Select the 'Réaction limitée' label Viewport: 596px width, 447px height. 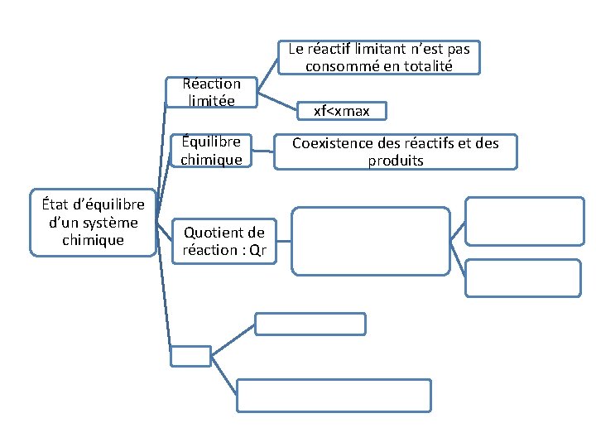pyautogui.click(x=212, y=92)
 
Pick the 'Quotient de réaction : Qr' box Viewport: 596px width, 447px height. pyautogui.click(x=224, y=241)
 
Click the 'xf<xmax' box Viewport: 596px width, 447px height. pyautogui.click(x=341, y=110)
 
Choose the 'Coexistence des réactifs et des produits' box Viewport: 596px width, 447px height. pyautogui.click(x=396, y=151)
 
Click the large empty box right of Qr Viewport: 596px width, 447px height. pyautogui.click(x=370, y=241)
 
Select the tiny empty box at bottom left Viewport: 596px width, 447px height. pyautogui.click(x=190, y=356)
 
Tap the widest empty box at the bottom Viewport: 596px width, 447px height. pyautogui.click(x=334, y=395)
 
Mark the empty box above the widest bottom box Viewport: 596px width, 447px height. pyautogui.click(x=310, y=324)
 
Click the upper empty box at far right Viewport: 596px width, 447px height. pyautogui.click(x=525, y=220)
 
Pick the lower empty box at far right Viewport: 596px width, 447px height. pyautogui.click(x=525, y=277)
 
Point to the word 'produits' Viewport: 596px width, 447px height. pyautogui.click(x=396, y=161)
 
